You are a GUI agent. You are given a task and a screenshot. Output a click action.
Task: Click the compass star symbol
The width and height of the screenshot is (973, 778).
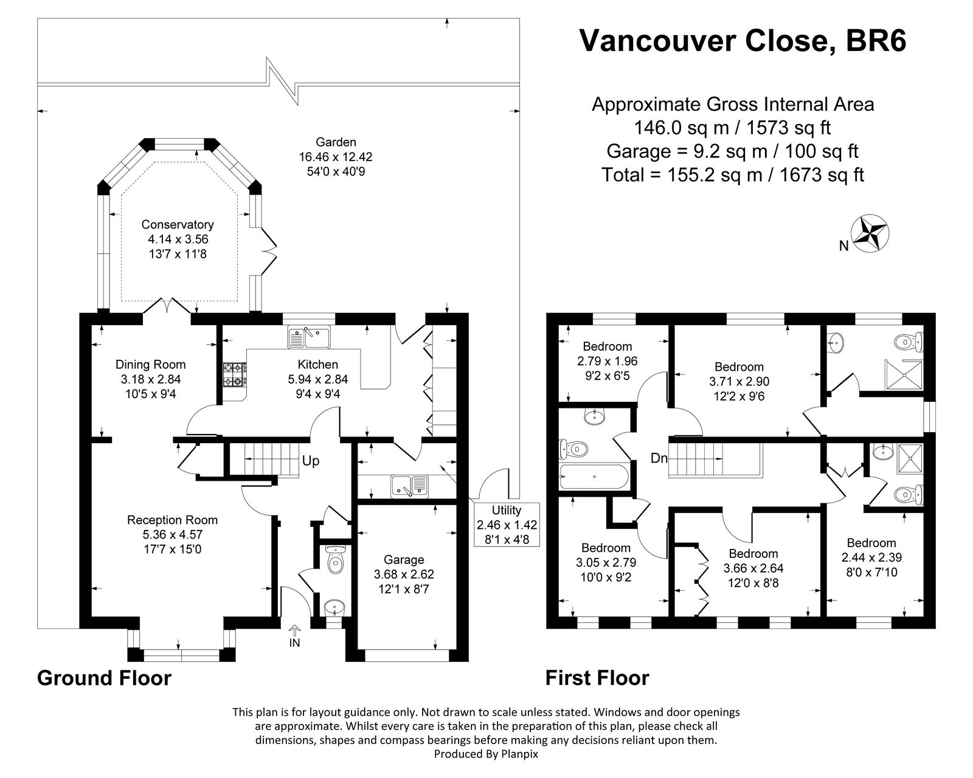[871, 233]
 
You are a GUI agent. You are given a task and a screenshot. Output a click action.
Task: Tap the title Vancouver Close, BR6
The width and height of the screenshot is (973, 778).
[742, 41]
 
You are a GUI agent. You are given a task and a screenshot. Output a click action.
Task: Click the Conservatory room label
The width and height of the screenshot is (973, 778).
[177, 225]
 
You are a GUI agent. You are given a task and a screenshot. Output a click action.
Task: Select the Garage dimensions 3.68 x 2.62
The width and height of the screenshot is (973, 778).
[404, 574]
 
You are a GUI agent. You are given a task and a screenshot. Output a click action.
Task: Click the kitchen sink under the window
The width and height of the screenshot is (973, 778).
[308, 337]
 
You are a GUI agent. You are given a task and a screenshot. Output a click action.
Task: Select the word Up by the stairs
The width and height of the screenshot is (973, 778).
[311, 461]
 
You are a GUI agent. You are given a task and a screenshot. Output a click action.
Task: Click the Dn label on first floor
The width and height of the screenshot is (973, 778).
[659, 458]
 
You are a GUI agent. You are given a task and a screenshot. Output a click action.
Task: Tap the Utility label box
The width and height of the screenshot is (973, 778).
[507, 525]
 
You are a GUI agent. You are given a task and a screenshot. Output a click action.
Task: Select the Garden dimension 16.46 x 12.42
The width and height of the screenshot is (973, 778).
[335, 157]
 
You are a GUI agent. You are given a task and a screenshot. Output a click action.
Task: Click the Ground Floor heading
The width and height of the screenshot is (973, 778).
[104, 678]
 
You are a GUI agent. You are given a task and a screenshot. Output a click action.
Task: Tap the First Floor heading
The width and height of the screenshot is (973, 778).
[597, 678]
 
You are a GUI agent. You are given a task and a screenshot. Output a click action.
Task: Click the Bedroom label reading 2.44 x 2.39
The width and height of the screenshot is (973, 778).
[871, 557]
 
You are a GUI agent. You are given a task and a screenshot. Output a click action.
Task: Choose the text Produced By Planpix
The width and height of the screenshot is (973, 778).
[486, 754]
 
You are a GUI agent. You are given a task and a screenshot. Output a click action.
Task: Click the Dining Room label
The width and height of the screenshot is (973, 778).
[150, 365]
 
